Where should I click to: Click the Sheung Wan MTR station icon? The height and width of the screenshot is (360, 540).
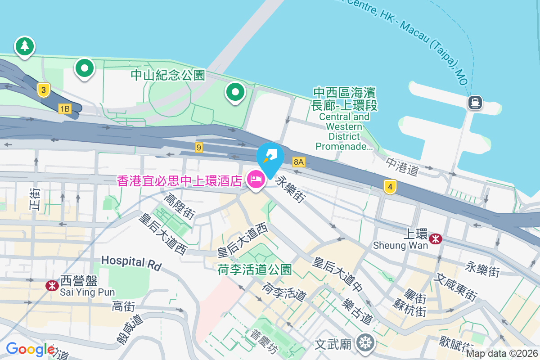pyautogui.click(x=435, y=238)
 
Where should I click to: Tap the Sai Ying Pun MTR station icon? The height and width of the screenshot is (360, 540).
pyautogui.click(x=52, y=285)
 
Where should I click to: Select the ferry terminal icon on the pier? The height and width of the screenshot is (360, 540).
pyautogui.click(x=475, y=103)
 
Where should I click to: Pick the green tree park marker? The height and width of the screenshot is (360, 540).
pyautogui.click(x=24, y=46)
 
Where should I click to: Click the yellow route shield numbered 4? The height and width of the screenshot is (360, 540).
pyautogui.click(x=390, y=186)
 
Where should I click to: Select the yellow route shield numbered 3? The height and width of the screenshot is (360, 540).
pyautogui.click(x=43, y=90)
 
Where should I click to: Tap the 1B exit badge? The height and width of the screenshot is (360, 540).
pyautogui.click(x=65, y=108)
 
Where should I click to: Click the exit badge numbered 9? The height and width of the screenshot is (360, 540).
pyautogui.click(x=199, y=147)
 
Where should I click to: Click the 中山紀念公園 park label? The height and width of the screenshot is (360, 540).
pyautogui.click(x=168, y=75)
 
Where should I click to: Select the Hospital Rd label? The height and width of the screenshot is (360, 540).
pyautogui.click(x=131, y=262)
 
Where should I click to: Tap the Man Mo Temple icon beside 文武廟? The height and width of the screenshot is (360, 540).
pyautogui.click(x=365, y=343)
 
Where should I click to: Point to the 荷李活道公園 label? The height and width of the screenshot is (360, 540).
pyautogui.click(x=254, y=270)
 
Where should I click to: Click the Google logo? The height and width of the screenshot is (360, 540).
pyautogui.click(x=30, y=349)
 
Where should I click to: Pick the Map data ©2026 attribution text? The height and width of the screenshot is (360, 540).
pyautogui.click(x=502, y=353)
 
